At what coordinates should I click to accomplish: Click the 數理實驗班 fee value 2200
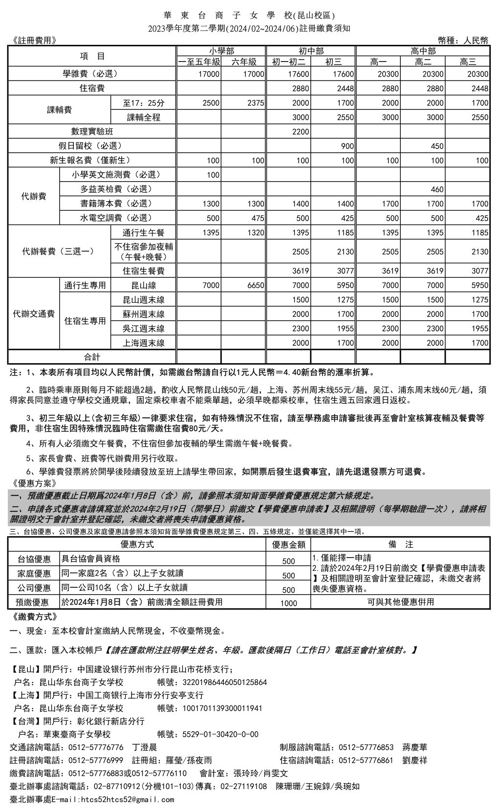[x=301, y=132]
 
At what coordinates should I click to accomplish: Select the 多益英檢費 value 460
[x=437, y=189]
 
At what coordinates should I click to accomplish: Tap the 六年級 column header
[x=243, y=62]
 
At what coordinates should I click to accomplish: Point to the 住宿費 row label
[x=92, y=88]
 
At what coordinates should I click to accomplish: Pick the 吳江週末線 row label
[x=143, y=329]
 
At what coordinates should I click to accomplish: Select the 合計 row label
[x=92, y=357]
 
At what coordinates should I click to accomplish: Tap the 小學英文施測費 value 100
[x=213, y=175]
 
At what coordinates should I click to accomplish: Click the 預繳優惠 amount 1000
[x=288, y=603]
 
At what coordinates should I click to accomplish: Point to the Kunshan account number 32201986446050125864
[x=224, y=683]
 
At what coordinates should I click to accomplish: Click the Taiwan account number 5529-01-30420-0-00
[x=220, y=734]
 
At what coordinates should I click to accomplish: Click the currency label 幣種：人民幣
[x=463, y=41]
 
